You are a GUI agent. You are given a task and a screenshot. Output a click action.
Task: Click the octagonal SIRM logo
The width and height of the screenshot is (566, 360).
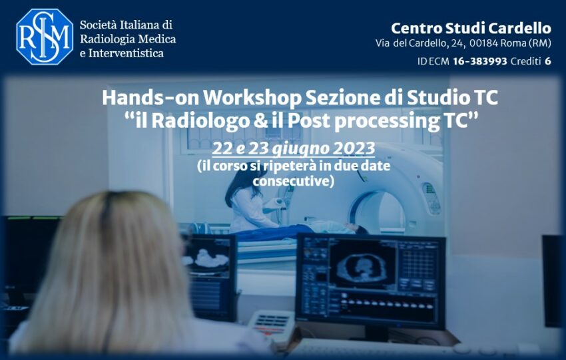[45, 37]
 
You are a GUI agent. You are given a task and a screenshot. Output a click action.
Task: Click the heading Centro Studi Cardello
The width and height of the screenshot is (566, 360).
[471, 28]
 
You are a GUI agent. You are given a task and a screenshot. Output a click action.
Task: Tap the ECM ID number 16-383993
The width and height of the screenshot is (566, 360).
[479, 61]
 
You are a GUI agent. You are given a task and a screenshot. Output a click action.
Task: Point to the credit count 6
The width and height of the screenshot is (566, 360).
[548, 61]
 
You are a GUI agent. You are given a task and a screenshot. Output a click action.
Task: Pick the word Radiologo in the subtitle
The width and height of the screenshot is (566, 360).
[200, 120]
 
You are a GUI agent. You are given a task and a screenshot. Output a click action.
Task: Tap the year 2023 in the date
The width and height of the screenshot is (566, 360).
[354, 148]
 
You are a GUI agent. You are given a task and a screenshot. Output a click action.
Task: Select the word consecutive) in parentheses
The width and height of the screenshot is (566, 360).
[293, 181]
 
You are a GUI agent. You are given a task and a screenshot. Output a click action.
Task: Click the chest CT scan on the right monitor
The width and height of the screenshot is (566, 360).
[363, 267]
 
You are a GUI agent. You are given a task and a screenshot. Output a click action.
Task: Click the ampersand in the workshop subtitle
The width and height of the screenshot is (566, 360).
[260, 120]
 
